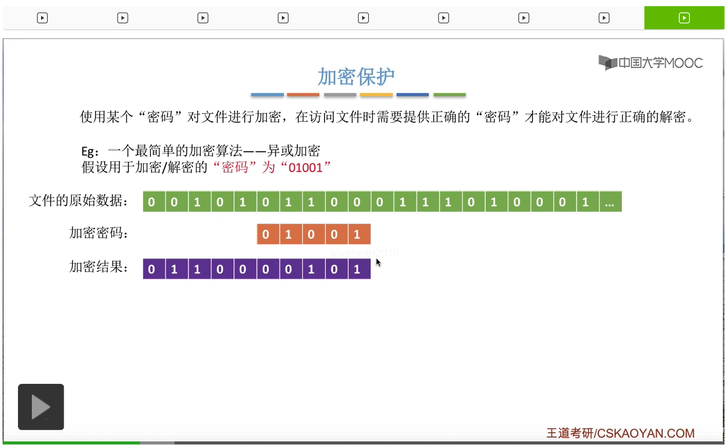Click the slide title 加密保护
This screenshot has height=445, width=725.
click(x=356, y=77)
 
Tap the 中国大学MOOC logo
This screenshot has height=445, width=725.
click(x=651, y=63)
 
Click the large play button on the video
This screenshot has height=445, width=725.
click(x=41, y=406)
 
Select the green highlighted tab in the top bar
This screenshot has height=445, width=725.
click(x=684, y=18)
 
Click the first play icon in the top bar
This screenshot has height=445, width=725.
click(x=42, y=18)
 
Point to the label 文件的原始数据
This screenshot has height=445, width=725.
click(x=79, y=200)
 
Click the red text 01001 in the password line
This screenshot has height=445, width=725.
click(x=306, y=168)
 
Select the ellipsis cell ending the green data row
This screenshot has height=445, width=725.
click(x=609, y=201)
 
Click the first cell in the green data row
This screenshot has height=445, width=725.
click(x=151, y=201)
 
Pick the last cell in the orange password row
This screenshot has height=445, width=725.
click(x=357, y=234)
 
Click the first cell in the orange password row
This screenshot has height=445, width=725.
click(x=266, y=234)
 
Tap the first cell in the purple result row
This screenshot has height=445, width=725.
click(x=151, y=269)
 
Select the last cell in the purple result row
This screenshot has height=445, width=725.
click(x=357, y=269)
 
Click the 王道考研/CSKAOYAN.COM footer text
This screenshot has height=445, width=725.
click(x=620, y=433)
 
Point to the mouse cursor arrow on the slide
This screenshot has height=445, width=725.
click(x=378, y=262)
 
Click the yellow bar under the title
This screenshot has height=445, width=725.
click(x=376, y=95)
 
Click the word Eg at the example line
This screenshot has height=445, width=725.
click(x=89, y=151)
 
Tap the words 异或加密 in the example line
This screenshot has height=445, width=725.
click(x=294, y=151)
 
